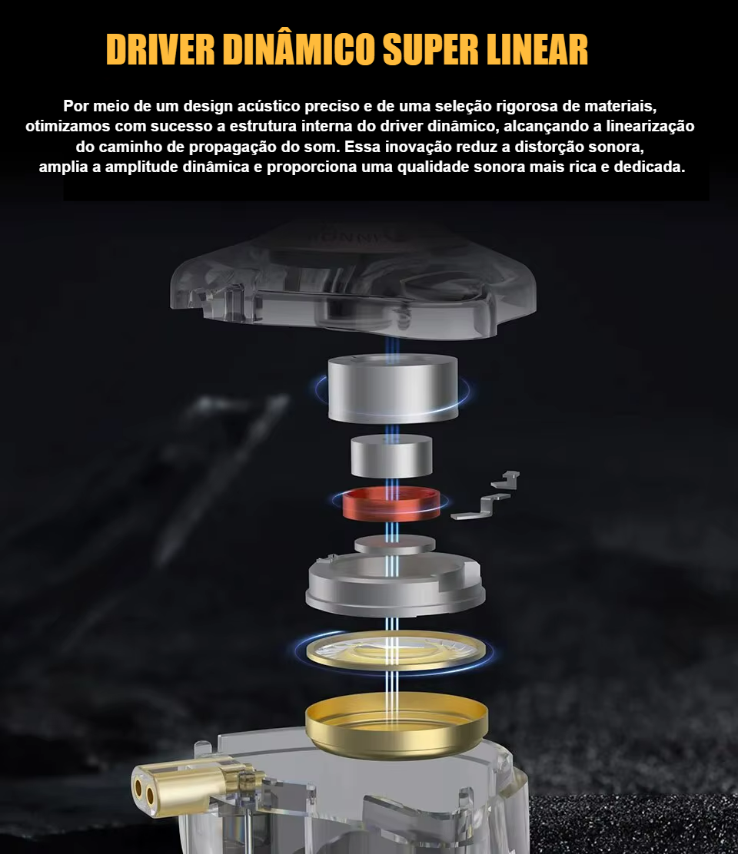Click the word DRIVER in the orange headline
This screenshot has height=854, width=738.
tap(161, 50)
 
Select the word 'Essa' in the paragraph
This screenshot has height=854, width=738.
tap(362, 147)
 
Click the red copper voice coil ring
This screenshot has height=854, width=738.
tap(391, 504)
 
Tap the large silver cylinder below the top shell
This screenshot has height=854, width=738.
tap(393, 388)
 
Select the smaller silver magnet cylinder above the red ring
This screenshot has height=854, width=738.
tap(391, 456)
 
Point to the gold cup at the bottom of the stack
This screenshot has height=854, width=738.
tap(396, 726)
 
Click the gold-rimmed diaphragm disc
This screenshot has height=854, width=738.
tap(396, 650)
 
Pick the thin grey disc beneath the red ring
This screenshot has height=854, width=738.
tap(394, 544)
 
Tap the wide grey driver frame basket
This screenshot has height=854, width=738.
tap(395, 584)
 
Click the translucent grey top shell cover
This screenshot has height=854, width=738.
tap(353, 280)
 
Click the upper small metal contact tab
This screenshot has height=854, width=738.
tap(507, 479)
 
